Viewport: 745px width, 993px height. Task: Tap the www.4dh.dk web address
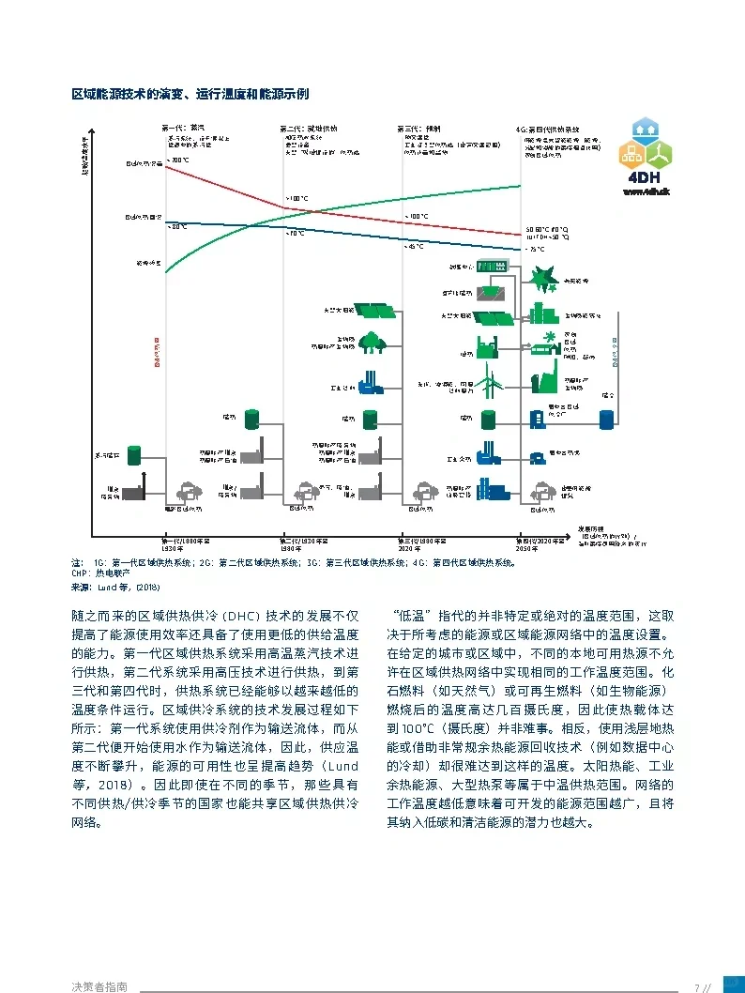645,191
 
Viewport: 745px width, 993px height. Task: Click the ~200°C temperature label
177,160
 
